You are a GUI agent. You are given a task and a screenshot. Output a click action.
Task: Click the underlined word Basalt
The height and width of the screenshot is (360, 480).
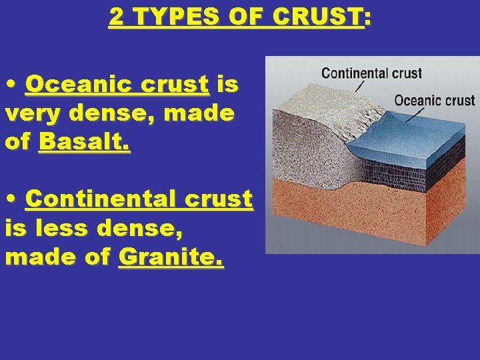tap(85, 142)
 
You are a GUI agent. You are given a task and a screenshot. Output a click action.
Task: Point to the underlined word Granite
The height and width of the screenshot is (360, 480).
tap(171, 257)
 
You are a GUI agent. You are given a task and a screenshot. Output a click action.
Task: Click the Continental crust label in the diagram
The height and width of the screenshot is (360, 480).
tap(371, 73)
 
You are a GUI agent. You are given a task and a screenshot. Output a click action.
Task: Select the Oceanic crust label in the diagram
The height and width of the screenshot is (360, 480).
tap(434, 101)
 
